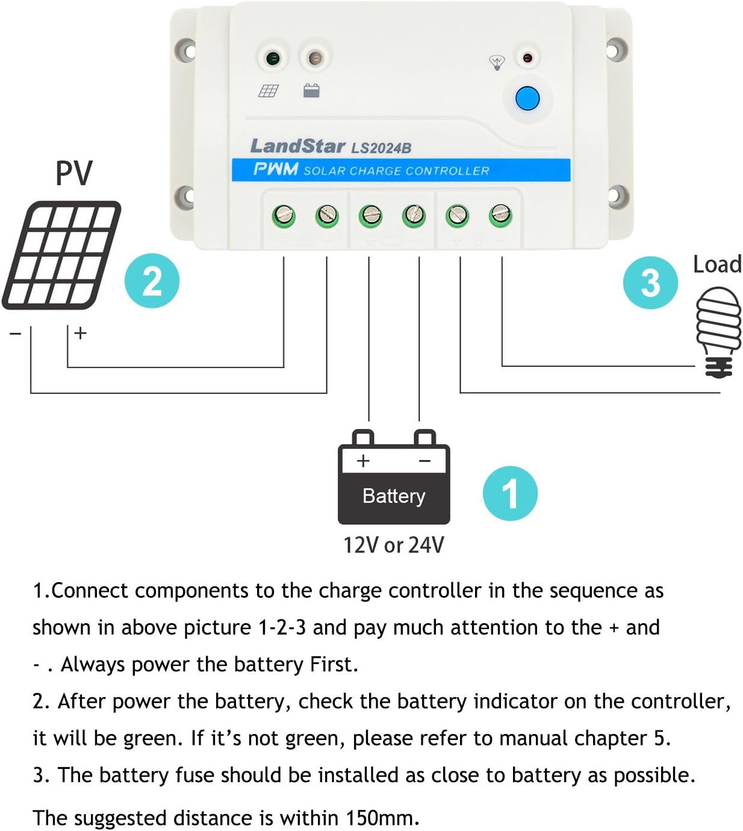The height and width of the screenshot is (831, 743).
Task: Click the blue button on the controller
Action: [x=527, y=99]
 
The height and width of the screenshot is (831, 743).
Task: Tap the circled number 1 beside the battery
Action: [x=510, y=494]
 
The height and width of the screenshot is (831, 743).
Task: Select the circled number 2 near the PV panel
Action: [x=152, y=281]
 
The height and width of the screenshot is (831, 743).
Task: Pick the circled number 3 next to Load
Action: [x=650, y=283]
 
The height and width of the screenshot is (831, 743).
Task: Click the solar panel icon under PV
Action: [x=62, y=255]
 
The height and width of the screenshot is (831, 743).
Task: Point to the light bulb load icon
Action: [x=718, y=331]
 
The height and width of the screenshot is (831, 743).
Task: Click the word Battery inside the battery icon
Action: [x=394, y=496]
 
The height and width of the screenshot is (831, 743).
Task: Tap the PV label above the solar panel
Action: [x=74, y=173]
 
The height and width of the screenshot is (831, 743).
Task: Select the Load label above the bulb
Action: [x=717, y=265]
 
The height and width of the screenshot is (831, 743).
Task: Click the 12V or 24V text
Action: [x=393, y=545]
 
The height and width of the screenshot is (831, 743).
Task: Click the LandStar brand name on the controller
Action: [x=297, y=146]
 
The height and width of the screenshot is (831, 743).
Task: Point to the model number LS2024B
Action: [x=381, y=148]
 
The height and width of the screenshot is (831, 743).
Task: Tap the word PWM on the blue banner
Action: [x=276, y=169]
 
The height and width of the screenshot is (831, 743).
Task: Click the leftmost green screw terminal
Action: [x=284, y=215]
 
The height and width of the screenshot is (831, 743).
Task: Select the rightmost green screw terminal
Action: [x=501, y=215]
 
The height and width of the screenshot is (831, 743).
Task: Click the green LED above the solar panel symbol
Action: [x=272, y=58]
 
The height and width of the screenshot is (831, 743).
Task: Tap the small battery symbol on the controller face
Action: [x=311, y=91]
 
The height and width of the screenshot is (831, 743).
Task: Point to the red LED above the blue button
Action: [x=527, y=58]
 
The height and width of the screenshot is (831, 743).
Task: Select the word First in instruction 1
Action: [x=333, y=664]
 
